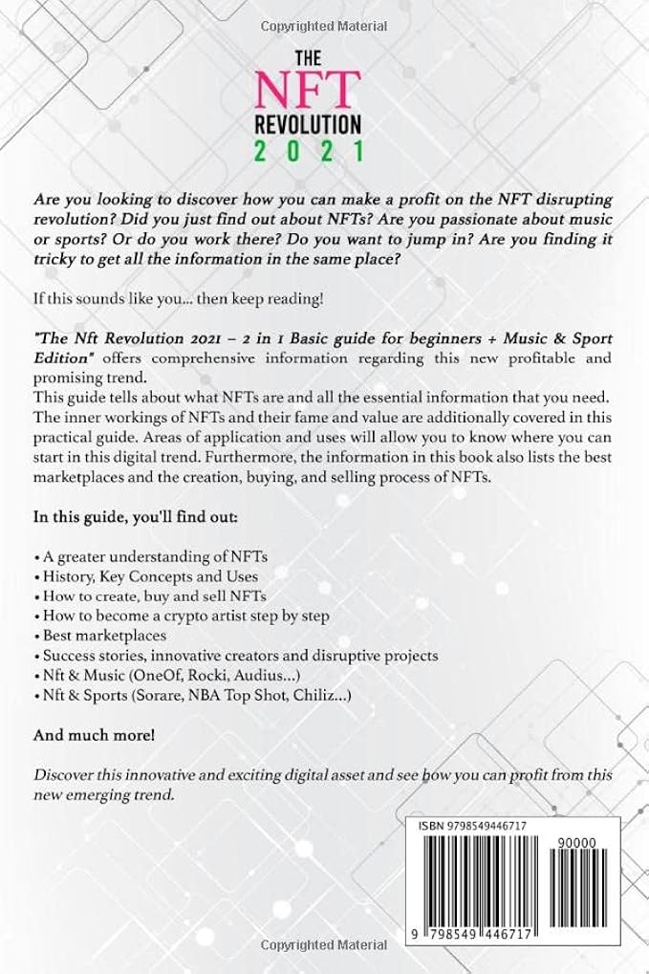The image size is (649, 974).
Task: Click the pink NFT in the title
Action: click(x=306, y=88)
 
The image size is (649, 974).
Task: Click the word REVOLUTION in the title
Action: click(x=306, y=123)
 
